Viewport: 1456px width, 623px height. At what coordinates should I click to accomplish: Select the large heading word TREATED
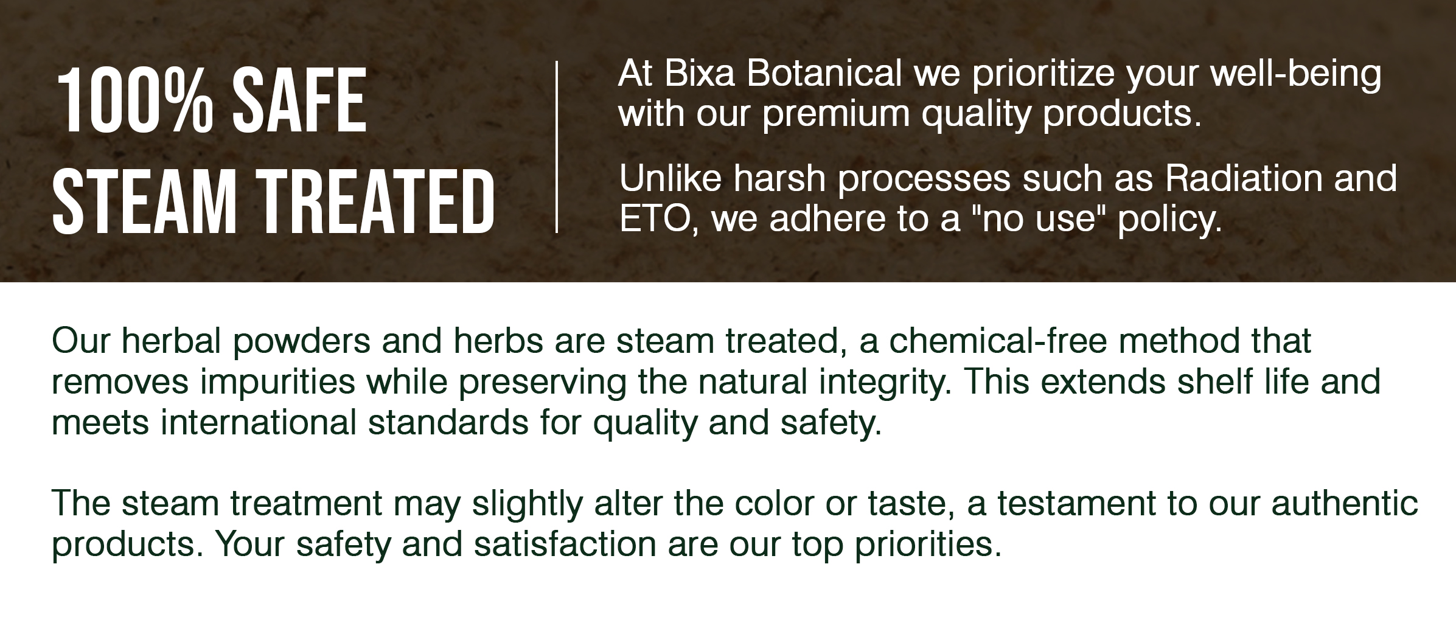378,201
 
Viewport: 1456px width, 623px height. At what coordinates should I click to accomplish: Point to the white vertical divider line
557,147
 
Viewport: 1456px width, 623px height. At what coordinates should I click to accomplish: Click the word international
258,423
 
